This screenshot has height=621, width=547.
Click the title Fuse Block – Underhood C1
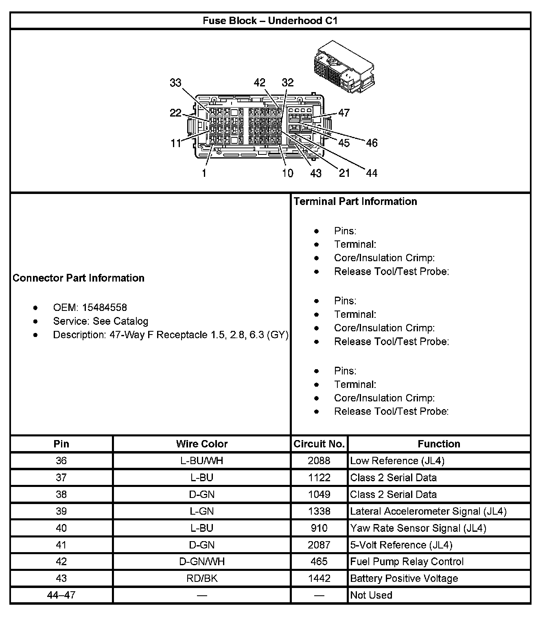[270, 21]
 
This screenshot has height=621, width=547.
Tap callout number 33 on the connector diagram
[175, 83]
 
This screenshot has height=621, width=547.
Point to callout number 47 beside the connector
[344, 113]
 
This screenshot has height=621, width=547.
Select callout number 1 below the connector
[203, 173]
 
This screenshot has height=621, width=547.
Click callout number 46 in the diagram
[372, 143]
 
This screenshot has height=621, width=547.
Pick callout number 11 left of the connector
[175, 143]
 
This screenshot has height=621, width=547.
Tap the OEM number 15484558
[105, 308]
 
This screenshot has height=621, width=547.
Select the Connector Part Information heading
[79, 278]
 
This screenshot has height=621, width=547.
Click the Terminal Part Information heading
[355, 201]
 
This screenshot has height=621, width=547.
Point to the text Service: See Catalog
[101, 321]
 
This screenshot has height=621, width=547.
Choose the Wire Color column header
[202, 444]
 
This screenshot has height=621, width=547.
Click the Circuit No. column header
[319, 444]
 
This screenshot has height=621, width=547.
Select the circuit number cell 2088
[319, 461]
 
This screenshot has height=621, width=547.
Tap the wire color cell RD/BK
[202, 578]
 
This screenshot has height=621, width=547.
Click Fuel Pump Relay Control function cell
[407, 562]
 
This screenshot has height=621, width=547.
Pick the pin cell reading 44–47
[61, 595]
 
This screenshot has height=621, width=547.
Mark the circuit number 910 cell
[319, 528]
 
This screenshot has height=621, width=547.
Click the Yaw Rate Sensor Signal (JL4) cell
[418, 528]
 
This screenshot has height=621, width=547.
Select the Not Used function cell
[371, 595]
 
